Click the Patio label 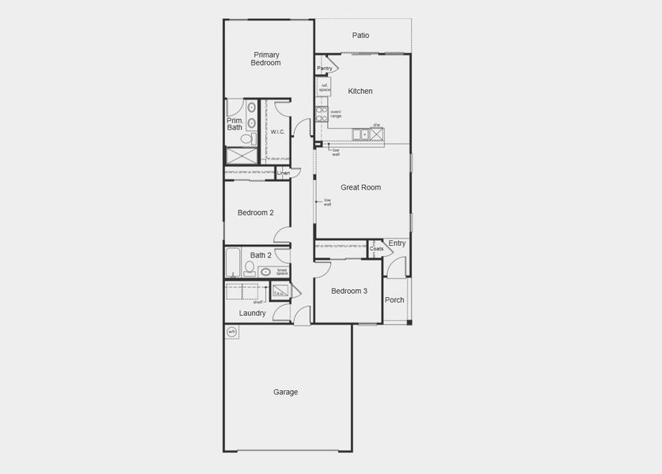[360, 36]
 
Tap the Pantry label [325, 69]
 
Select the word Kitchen [360, 92]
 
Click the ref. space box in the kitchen [325, 88]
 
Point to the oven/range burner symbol [322, 115]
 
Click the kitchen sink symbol [364, 135]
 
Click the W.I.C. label [277, 132]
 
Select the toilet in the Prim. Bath [246, 139]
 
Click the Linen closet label [283, 172]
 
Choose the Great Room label [360, 188]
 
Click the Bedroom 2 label [255, 213]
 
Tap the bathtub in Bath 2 [233, 262]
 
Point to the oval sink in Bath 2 [266, 272]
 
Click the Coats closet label [377, 249]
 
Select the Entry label [397, 243]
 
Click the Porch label [394, 300]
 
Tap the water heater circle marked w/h [232, 332]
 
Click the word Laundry [252, 314]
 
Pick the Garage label [285, 393]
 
